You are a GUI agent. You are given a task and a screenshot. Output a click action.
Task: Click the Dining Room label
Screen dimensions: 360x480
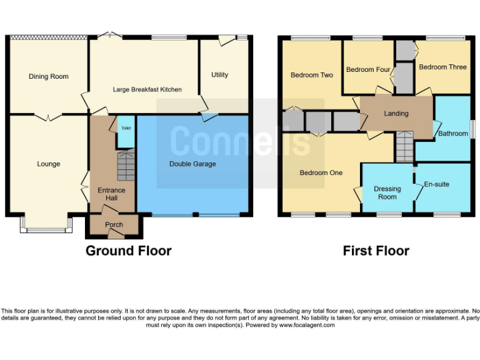49,77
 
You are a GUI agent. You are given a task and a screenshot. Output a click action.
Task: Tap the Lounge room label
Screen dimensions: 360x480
49,164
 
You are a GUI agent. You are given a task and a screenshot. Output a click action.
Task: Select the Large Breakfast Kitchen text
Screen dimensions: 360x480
147,89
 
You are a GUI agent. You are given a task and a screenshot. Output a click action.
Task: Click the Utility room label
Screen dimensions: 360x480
220,75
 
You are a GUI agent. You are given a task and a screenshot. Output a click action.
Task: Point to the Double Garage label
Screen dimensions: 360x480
192,164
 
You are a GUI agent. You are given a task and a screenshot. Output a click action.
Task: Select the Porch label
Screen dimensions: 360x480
114,225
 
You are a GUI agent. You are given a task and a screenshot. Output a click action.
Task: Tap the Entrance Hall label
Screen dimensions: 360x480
111,194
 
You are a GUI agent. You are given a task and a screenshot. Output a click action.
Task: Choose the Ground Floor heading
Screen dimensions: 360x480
128,251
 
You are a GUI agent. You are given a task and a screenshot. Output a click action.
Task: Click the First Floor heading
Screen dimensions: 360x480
376,251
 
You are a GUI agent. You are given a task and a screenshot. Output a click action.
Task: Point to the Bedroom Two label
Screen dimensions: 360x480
312,76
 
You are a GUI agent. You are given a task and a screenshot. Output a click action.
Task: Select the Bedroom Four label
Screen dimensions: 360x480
368,70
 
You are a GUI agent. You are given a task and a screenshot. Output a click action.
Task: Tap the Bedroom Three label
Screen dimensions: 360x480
442,67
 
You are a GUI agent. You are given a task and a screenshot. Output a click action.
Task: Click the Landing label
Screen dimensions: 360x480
396,114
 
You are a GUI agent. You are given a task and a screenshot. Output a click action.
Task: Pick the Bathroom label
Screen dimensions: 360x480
452,134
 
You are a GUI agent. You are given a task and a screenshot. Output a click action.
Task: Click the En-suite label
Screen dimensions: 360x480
436,185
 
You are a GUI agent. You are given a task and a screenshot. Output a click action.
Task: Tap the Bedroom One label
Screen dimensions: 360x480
321,173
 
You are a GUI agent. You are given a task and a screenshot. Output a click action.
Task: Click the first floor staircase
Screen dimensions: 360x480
404,148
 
